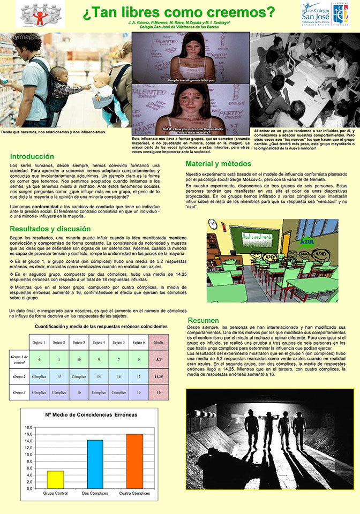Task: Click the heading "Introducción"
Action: tap(32, 156)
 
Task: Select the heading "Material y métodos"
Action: tap(218, 163)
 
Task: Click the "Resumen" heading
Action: tap(203, 320)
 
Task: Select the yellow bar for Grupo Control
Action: tap(55, 479)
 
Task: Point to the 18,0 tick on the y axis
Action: tap(29, 427)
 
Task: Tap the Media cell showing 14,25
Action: tap(159, 376)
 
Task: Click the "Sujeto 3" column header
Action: tap(79, 342)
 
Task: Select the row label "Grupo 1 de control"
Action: tap(19, 359)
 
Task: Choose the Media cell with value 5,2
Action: tap(159, 359)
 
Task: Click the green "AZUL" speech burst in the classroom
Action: tap(307, 241)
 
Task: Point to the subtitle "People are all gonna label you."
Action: tap(191, 80)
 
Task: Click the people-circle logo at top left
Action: tap(40, 13)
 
